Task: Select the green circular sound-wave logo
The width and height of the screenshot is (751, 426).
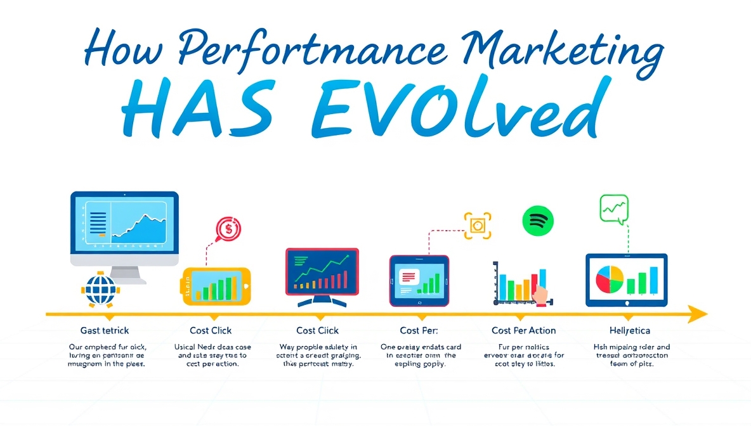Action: (x=538, y=221)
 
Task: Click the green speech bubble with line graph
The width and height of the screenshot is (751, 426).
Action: (x=614, y=209)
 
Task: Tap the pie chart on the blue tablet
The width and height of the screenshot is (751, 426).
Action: (x=610, y=280)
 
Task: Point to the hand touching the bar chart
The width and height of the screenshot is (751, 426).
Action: (x=540, y=295)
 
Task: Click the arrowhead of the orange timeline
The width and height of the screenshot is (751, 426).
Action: (x=698, y=314)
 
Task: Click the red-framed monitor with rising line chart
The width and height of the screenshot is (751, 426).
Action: (x=322, y=273)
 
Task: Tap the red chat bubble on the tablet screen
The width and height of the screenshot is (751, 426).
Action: (x=409, y=276)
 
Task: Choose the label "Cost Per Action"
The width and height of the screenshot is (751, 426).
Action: (x=523, y=330)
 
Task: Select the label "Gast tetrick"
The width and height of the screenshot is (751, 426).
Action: (x=105, y=330)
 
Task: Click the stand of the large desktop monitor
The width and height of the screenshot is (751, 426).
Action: (x=124, y=273)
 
